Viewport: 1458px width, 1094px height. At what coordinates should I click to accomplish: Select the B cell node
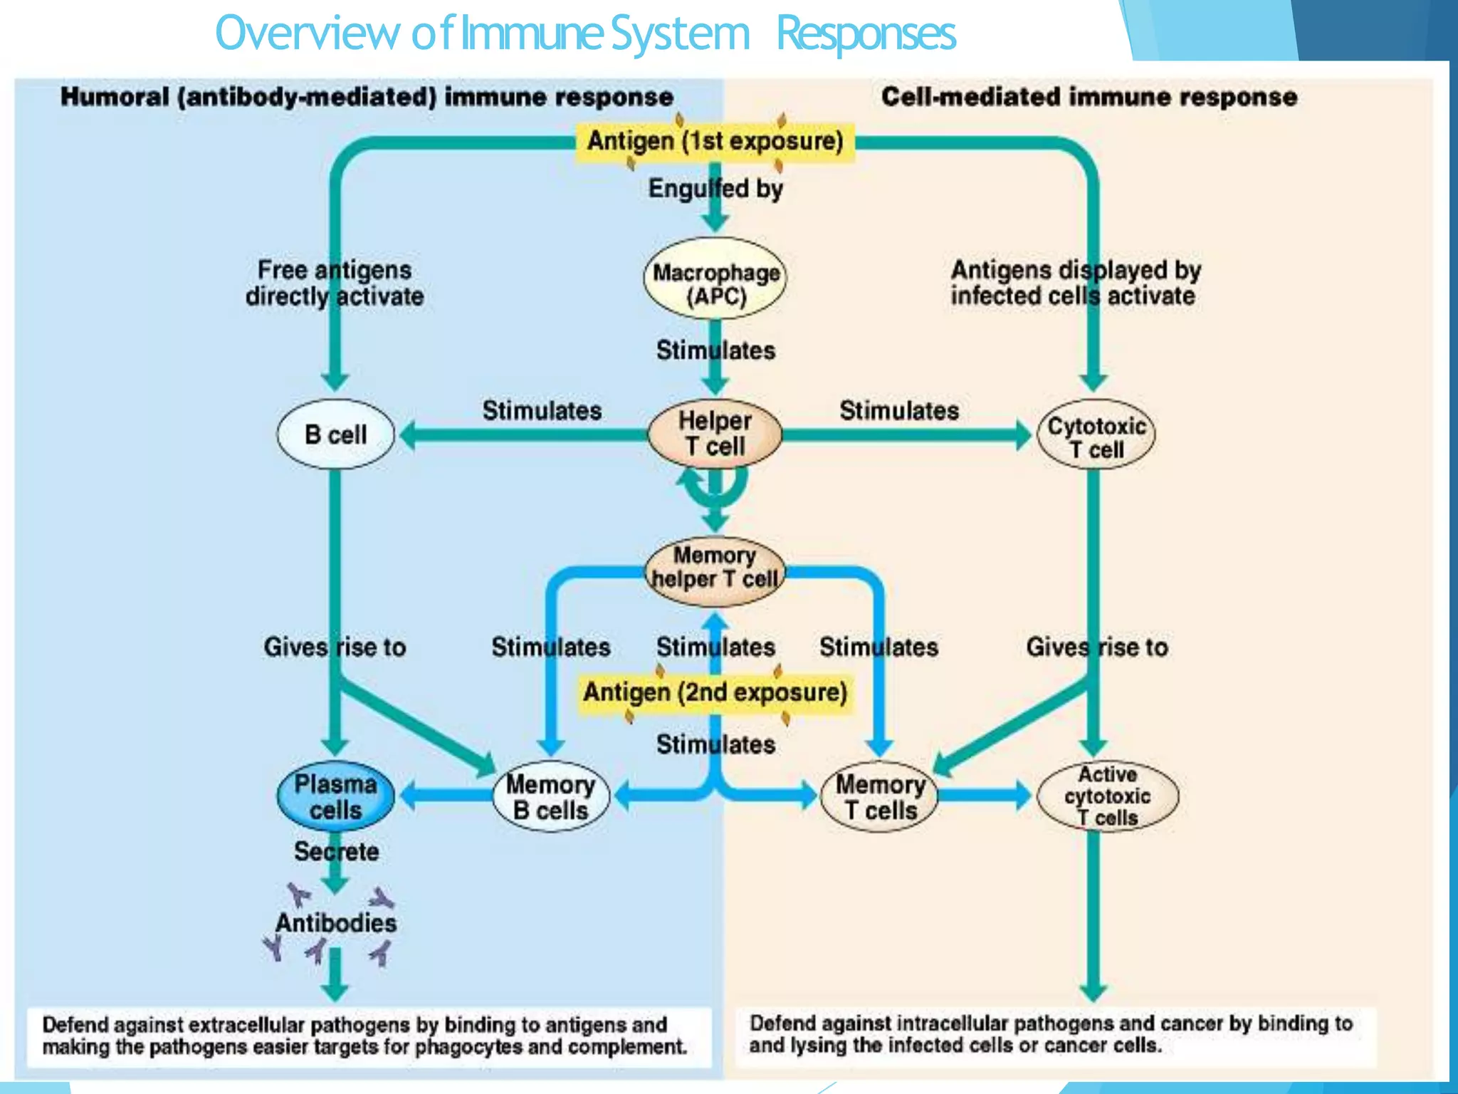[x=335, y=434]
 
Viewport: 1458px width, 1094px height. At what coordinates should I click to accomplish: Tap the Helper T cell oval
[x=715, y=434]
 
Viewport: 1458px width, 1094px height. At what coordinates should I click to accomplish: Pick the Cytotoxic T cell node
[x=1096, y=436]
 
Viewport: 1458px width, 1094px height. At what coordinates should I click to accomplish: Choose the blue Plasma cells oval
[x=335, y=797]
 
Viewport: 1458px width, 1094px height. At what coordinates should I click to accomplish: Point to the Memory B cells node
[x=551, y=797]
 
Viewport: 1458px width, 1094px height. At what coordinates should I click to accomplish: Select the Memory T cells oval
[x=880, y=797]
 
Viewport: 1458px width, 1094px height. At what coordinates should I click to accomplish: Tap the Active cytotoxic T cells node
[x=1108, y=796]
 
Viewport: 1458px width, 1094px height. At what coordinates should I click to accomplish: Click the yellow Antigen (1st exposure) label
[x=715, y=142]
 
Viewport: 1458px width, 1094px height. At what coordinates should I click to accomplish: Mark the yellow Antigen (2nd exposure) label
[x=715, y=692]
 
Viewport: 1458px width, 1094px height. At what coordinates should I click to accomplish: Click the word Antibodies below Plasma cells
[x=336, y=923]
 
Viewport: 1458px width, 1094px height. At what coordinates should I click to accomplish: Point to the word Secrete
[x=336, y=851]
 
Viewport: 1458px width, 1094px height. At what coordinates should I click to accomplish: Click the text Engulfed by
[x=715, y=189]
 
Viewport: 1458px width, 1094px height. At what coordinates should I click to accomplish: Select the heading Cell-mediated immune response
[x=1089, y=97]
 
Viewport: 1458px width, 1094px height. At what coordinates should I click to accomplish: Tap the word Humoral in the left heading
[x=115, y=97]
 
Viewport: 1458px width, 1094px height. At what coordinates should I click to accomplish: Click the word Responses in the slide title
[x=866, y=33]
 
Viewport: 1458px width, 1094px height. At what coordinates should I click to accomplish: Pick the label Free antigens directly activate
[x=335, y=283]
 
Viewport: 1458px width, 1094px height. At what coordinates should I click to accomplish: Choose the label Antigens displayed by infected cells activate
[x=1075, y=283]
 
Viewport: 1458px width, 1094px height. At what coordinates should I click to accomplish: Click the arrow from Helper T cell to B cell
[x=527, y=435]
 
